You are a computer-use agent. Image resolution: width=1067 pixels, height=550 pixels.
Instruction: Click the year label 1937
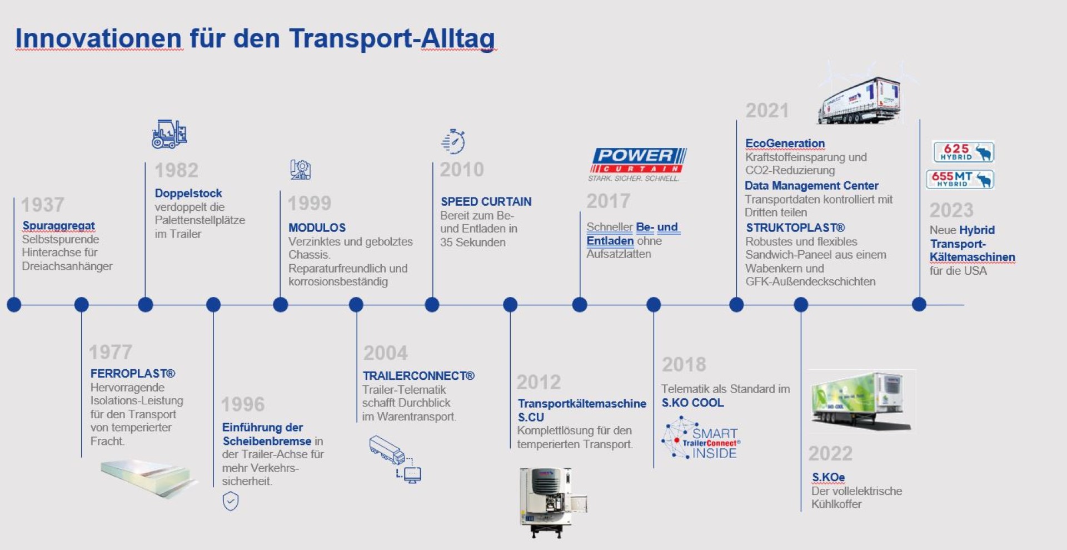43,205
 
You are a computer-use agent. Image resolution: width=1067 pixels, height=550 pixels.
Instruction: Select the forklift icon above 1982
169,134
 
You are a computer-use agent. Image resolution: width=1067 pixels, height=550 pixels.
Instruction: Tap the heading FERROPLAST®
133,373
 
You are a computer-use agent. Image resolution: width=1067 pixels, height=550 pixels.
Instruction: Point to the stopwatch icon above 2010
453,141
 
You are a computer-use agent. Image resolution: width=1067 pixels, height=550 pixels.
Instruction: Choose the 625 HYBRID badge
963,152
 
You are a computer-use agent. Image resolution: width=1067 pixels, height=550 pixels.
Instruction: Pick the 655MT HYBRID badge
960,179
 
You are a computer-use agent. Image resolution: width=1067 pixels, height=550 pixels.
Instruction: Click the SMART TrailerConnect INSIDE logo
700,438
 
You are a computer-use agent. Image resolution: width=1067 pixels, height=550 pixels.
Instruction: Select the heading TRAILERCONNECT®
418,375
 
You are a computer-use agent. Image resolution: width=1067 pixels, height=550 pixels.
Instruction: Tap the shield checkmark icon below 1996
231,501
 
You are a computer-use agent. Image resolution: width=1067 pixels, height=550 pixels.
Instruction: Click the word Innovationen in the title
98,38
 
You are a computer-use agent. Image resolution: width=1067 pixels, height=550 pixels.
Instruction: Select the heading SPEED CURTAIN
486,201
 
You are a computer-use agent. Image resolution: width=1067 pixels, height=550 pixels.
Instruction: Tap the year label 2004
385,353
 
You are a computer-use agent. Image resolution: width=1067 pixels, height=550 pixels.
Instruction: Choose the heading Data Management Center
811,185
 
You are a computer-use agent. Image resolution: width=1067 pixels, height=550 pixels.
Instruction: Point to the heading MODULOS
317,227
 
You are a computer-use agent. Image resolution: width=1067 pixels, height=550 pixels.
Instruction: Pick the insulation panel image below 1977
149,478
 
